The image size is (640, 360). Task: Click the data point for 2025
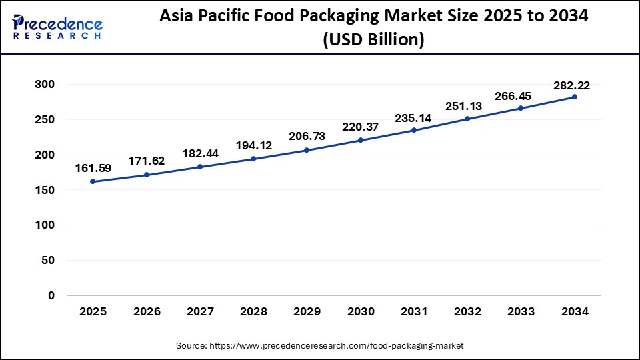pyautogui.click(x=92, y=181)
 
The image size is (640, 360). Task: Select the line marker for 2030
pyautogui.click(x=360, y=140)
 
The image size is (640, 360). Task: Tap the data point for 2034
pyautogui.click(x=575, y=97)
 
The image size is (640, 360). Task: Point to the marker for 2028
pyautogui.click(x=253, y=159)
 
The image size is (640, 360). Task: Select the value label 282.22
pyautogui.click(x=571, y=85)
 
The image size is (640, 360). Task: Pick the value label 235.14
pyautogui.click(x=413, y=118)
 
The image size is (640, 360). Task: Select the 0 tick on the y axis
pyautogui.click(x=51, y=295)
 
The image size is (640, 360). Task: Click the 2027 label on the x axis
pyautogui.click(x=199, y=312)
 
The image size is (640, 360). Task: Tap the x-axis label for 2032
pyautogui.click(x=467, y=312)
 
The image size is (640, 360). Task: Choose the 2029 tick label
pyautogui.click(x=306, y=312)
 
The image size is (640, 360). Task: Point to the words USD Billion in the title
pyautogui.click(x=374, y=41)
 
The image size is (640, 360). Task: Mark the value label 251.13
pyautogui.click(x=467, y=107)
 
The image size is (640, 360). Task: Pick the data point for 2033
pyautogui.click(x=521, y=108)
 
